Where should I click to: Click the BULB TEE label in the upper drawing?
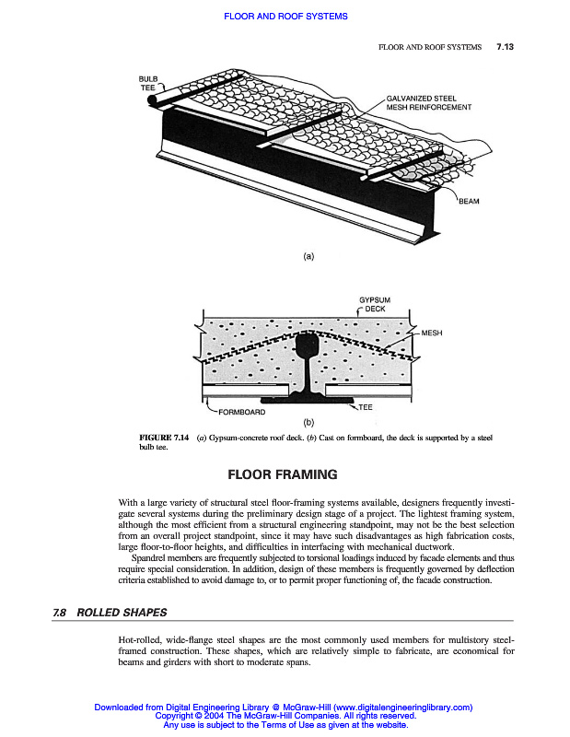click(148, 83)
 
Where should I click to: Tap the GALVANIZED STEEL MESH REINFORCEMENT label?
click(428, 102)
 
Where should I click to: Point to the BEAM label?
click(469, 201)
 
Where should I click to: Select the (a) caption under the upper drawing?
click(308, 256)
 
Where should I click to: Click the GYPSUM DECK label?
click(375, 305)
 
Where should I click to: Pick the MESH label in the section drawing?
click(432, 332)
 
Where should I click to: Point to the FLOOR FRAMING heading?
click(283, 475)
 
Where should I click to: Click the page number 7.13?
click(505, 47)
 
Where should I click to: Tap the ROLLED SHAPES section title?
click(122, 613)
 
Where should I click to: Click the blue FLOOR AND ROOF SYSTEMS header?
click(285, 17)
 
